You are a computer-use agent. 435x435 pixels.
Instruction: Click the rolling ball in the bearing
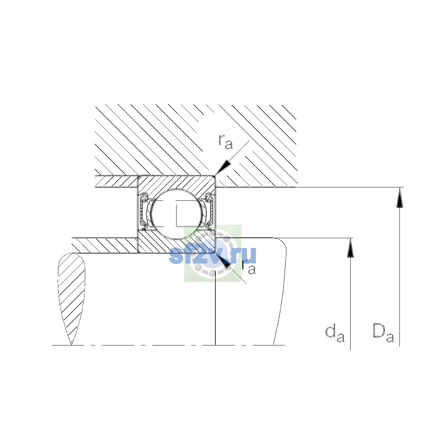(x=177, y=214)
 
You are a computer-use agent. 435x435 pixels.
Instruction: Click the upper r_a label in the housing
(x=225, y=142)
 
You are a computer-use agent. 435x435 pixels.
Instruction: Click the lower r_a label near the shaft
(x=249, y=267)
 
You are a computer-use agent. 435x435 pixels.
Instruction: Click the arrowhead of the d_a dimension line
(x=350, y=248)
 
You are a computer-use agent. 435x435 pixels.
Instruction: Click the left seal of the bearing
(x=143, y=211)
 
